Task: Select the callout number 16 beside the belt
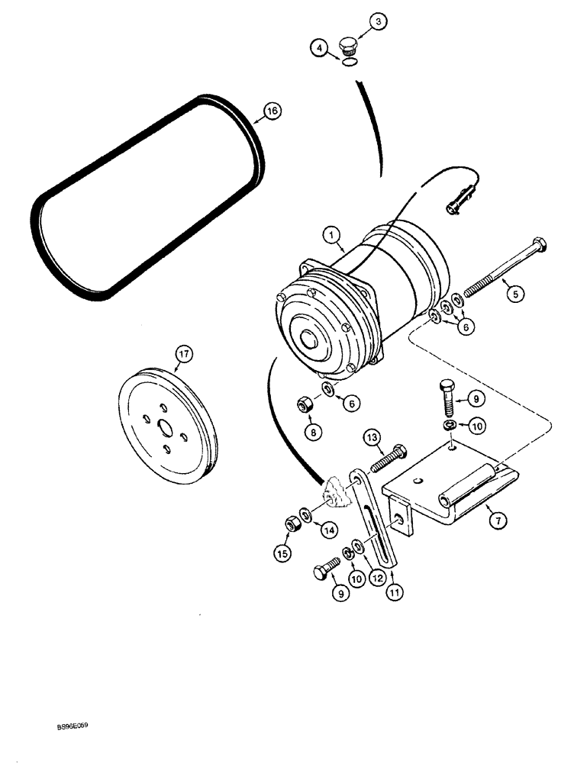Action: [272, 111]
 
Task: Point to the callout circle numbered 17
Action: [184, 354]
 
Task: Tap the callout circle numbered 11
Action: [394, 591]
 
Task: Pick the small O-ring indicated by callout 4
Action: [347, 65]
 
